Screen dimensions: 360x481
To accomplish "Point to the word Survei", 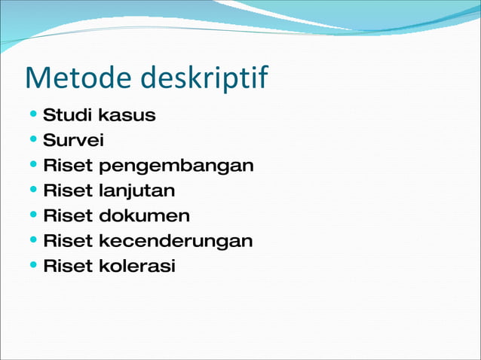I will coord(73,141).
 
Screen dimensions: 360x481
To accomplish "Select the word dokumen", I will coord(144,216).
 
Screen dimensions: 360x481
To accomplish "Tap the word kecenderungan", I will coord(176,241).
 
